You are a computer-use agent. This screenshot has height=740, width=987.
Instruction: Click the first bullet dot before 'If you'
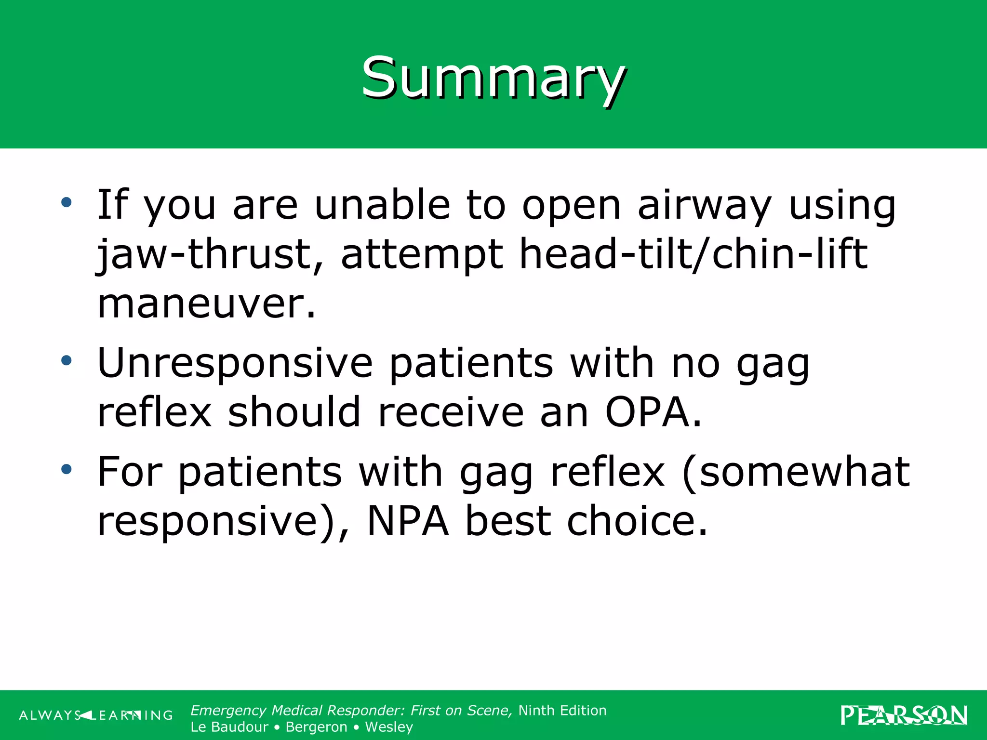67,202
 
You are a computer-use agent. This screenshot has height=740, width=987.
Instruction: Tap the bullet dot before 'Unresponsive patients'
67,360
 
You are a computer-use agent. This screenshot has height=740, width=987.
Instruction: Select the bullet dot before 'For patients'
67,469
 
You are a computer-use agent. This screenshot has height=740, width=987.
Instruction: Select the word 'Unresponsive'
235,363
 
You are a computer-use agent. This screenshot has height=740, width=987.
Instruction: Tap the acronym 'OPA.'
654,412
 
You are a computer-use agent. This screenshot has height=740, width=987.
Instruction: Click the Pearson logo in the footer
904,715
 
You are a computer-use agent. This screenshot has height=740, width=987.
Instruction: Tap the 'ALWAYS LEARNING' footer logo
95,715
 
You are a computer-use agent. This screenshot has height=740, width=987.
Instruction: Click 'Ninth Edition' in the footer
562,711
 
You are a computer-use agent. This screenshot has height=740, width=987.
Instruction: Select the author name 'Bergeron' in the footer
316,727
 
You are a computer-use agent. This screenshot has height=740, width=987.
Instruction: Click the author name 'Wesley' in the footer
389,727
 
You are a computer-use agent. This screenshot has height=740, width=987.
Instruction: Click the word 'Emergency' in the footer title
228,711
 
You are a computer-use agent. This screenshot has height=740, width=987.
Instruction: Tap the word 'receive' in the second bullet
451,412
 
